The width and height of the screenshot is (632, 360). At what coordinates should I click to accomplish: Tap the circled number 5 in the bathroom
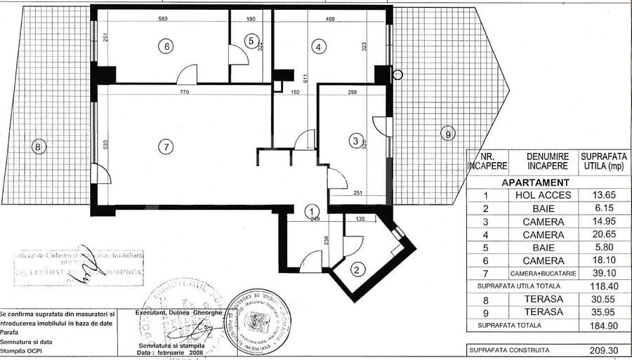click(x=251, y=41)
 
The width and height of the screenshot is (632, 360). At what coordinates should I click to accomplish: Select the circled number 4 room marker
click(x=320, y=47)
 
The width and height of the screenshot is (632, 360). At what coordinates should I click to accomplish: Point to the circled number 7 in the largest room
click(x=165, y=147)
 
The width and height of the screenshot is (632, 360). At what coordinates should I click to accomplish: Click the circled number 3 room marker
click(x=356, y=141)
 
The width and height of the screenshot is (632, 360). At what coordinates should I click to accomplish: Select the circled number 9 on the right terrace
click(x=445, y=133)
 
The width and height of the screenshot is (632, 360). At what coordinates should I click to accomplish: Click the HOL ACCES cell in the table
click(x=543, y=194)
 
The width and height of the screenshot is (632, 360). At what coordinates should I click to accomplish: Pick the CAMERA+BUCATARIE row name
click(x=543, y=273)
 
